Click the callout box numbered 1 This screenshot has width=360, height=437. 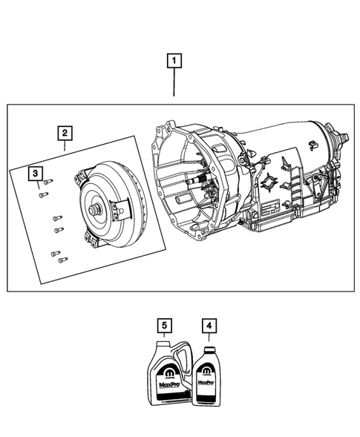click(174, 62)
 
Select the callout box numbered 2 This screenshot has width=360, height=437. click(66, 134)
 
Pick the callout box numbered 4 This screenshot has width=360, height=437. click(209, 324)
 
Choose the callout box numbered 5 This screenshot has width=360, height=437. click(164, 324)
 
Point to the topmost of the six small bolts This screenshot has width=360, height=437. click(48, 181)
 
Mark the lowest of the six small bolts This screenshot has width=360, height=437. click(60, 260)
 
